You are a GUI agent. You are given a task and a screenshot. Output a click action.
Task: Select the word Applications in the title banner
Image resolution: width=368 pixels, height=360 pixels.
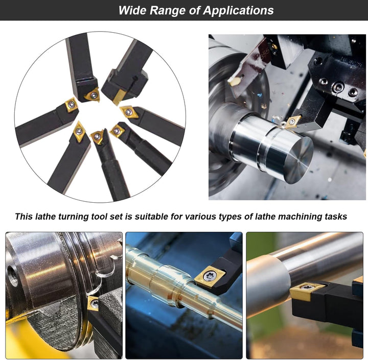click(239, 11)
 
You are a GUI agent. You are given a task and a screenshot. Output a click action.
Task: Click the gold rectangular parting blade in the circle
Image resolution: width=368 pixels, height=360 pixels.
click(119, 97)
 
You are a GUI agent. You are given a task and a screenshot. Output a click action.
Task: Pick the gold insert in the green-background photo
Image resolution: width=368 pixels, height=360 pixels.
click(307, 291)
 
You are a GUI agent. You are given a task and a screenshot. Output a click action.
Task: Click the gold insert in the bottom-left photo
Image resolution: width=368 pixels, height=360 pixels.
click(93, 304)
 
